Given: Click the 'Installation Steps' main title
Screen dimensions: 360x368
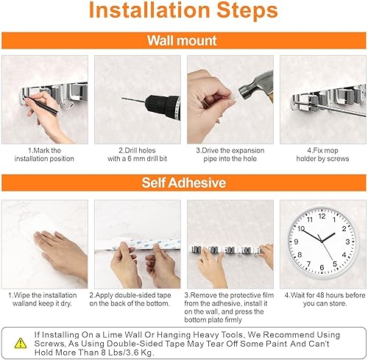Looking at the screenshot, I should (x=183, y=13).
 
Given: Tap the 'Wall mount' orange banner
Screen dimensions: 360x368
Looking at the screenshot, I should (x=183, y=41).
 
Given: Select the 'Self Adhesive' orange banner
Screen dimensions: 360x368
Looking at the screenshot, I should (x=183, y=182).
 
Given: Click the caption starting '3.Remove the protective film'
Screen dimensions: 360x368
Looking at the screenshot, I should (x=230, y=303).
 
